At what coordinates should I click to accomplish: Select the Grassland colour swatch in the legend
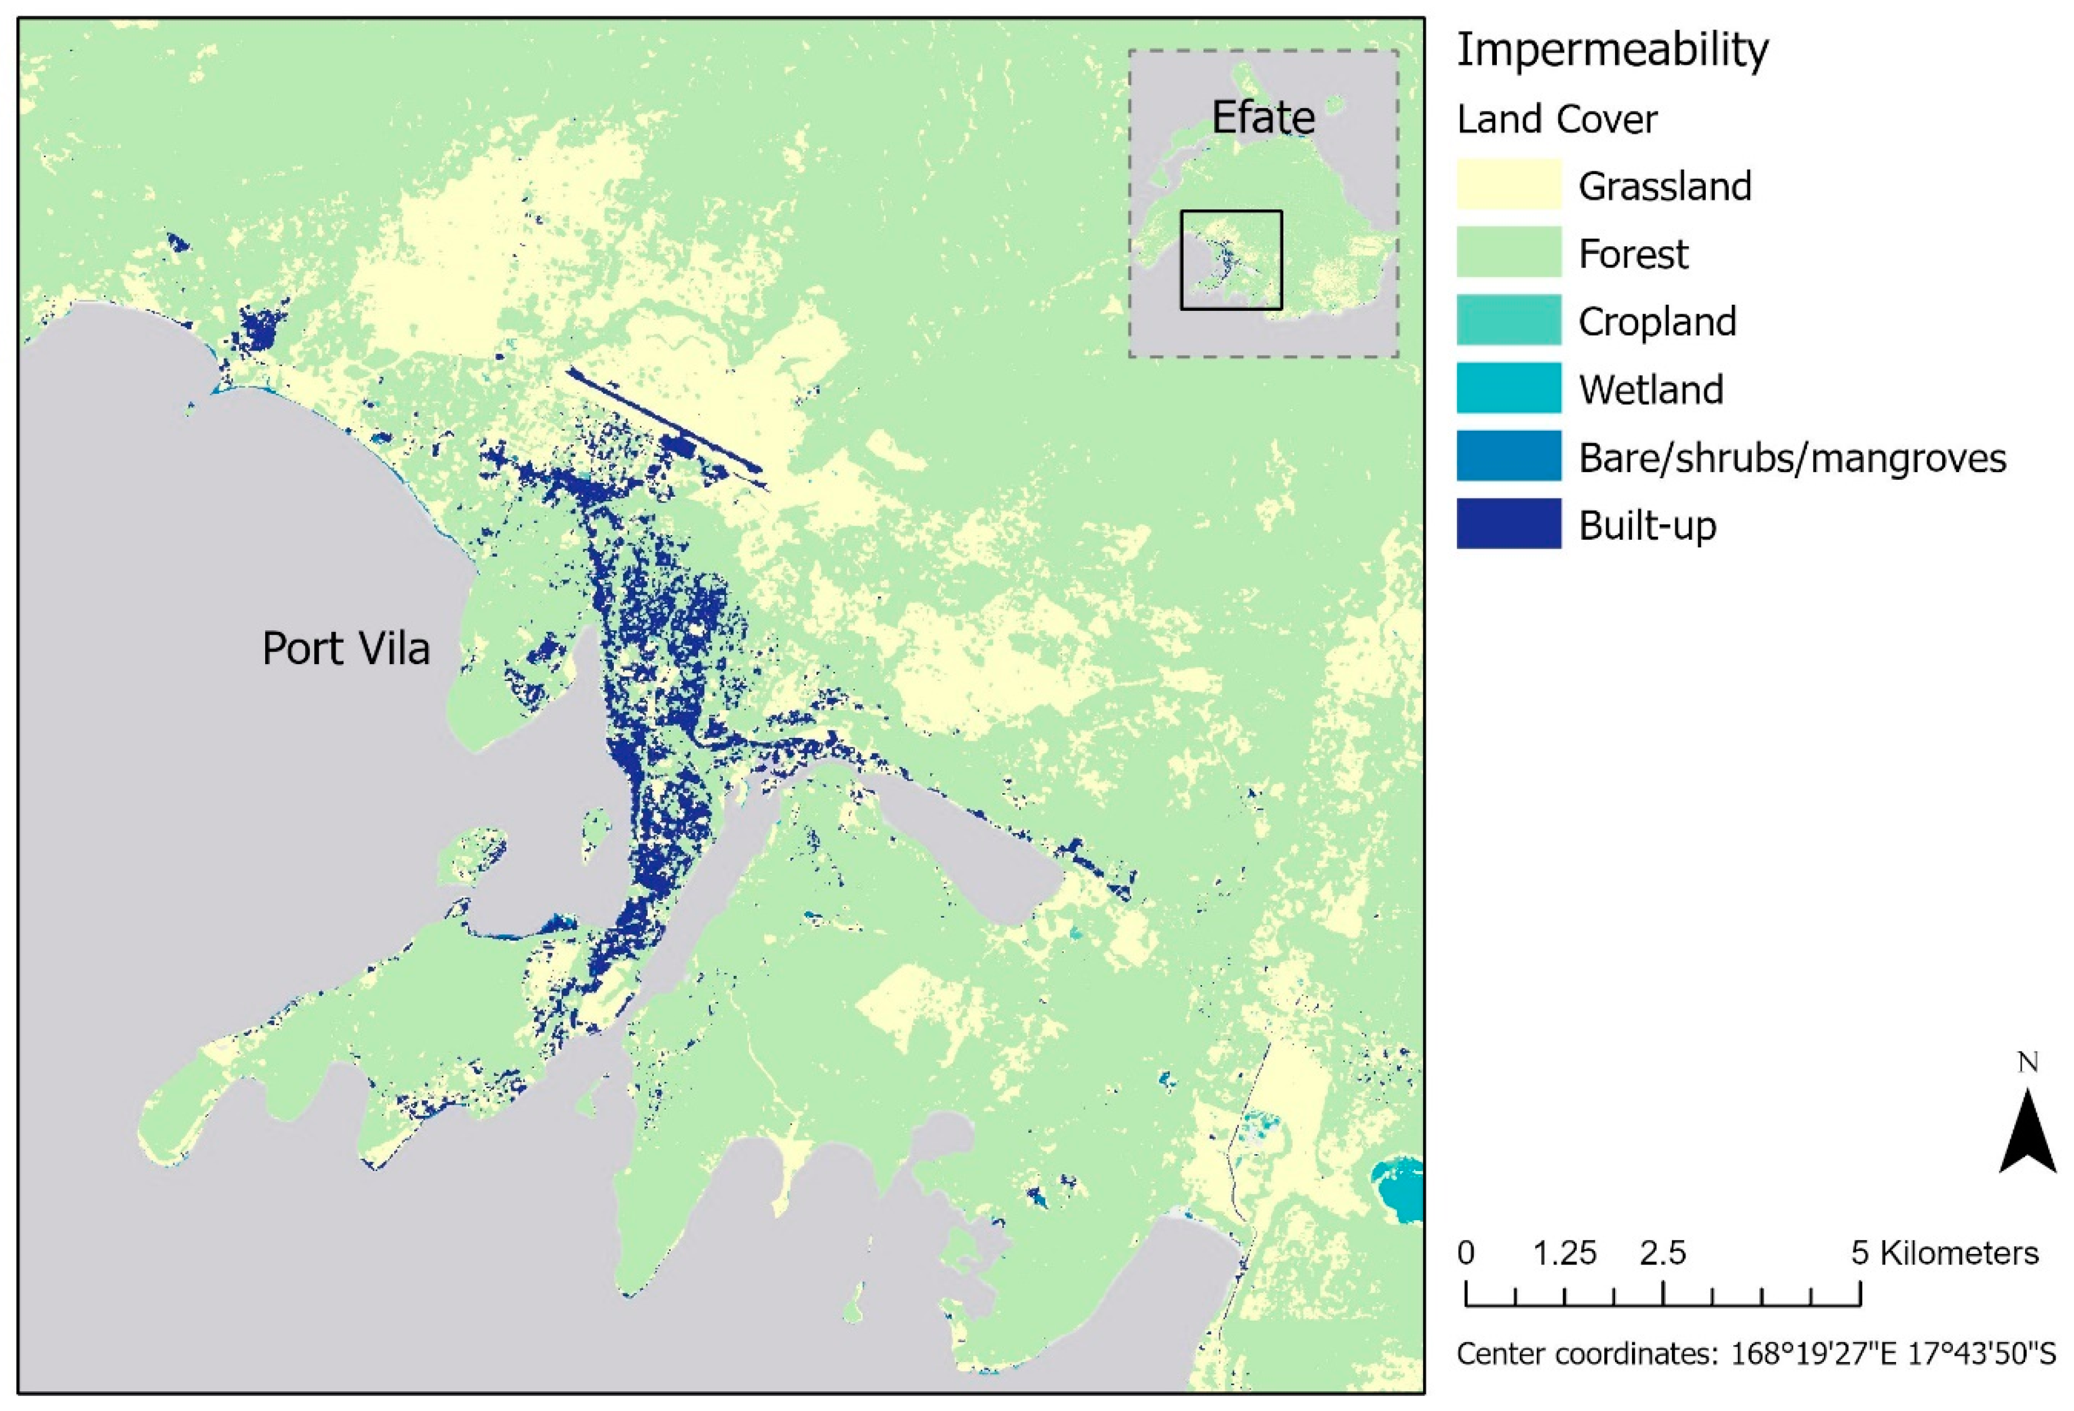[x=1508, y=185]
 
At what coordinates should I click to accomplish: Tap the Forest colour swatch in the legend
[x=1508, y=252]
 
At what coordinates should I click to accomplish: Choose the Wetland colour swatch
[x=1508, y=388]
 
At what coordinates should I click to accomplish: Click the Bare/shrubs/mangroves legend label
[x=1792, y=458]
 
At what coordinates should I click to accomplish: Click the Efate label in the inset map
[x=1263, y=117]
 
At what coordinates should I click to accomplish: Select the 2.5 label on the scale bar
[x=1662, y=1254]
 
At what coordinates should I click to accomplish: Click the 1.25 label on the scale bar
[x=1564, y=1254]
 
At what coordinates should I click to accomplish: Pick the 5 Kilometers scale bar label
[x=1944, y=1254]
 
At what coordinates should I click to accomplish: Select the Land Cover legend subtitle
[x=1556, y=119]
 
